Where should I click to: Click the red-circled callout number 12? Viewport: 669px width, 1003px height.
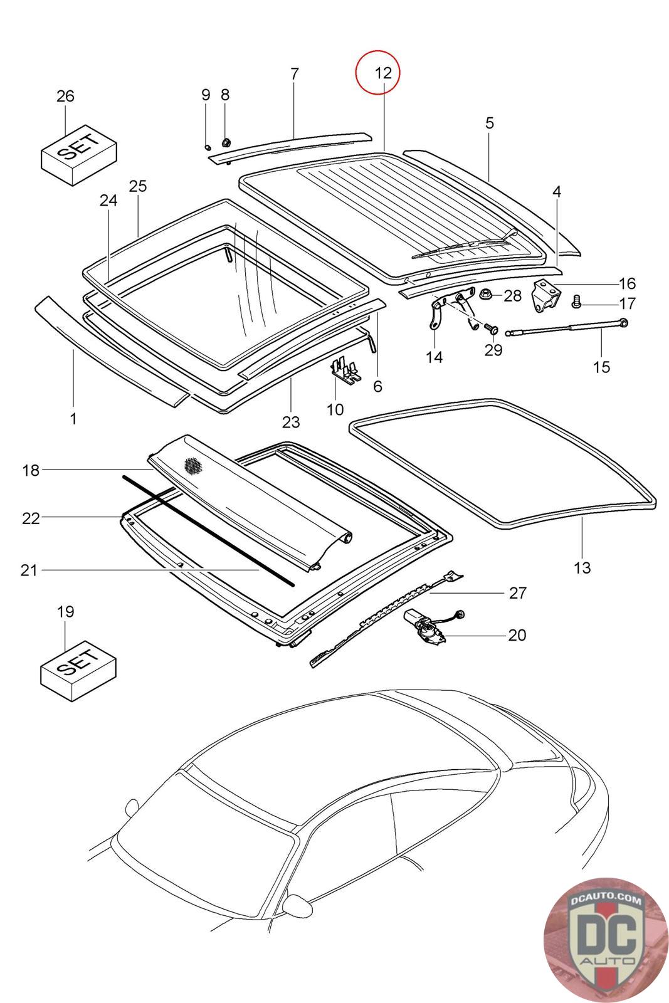[383, 73]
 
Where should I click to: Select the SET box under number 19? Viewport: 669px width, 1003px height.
[79, 670]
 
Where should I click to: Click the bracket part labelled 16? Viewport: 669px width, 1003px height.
[546, 295]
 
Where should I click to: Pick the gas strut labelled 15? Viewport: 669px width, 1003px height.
[567, 327]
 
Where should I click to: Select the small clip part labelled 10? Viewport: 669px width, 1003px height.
[347, 370]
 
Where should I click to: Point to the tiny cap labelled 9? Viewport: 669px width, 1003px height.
[208, 147]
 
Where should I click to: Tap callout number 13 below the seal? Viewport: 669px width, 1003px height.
[582, 568]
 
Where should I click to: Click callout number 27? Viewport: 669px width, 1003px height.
[517, 593]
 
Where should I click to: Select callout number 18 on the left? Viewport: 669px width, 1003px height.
[31, 470]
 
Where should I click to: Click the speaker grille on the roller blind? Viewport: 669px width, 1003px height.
[193, 466]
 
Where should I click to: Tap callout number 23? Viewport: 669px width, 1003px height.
[291, 421]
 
